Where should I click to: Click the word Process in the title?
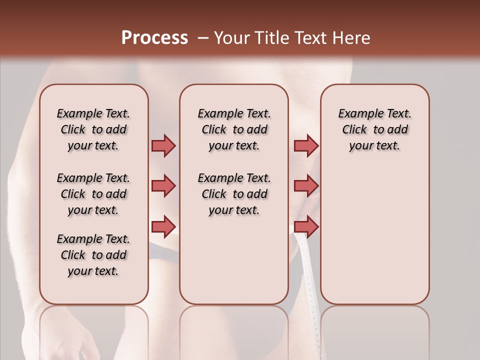154,38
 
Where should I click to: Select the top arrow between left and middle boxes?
163,145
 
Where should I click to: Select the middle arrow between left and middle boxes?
163,186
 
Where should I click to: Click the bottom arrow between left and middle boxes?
163,226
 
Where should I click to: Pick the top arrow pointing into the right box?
306,145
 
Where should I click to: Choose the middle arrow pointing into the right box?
306,186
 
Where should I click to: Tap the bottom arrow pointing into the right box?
306,226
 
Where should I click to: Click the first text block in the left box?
93,129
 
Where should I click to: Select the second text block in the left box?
93,194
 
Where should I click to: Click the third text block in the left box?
93,255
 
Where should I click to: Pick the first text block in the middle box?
234,129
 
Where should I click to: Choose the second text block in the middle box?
234,194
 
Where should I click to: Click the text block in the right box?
375,129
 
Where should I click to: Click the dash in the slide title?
203,38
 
